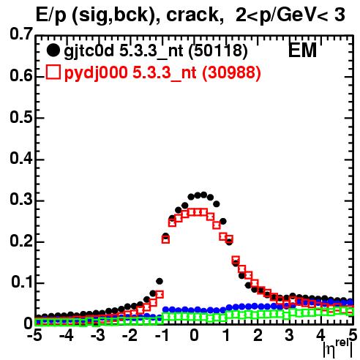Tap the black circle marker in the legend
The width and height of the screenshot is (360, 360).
53,50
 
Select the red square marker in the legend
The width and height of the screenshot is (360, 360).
53,72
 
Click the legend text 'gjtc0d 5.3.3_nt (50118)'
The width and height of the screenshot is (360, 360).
156,51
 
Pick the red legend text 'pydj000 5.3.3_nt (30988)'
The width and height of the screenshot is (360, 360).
162,72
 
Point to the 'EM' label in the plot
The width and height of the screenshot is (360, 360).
302,50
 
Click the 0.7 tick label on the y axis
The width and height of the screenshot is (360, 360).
21,34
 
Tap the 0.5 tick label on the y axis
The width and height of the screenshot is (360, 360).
21,117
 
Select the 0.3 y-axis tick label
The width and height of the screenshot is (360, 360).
21,200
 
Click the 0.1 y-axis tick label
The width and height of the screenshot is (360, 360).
22,282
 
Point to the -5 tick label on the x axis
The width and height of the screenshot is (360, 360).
34,336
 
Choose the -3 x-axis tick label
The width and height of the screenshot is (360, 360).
98,336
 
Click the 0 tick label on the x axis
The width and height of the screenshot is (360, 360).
194,336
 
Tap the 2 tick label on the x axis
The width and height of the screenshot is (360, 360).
258,336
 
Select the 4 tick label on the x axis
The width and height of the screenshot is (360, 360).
321,336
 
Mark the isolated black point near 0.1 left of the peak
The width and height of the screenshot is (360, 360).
160,281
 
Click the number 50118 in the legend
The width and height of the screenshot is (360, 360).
218,50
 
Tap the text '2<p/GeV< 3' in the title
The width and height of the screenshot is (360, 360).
290,15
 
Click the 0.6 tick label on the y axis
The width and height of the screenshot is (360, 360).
21,76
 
